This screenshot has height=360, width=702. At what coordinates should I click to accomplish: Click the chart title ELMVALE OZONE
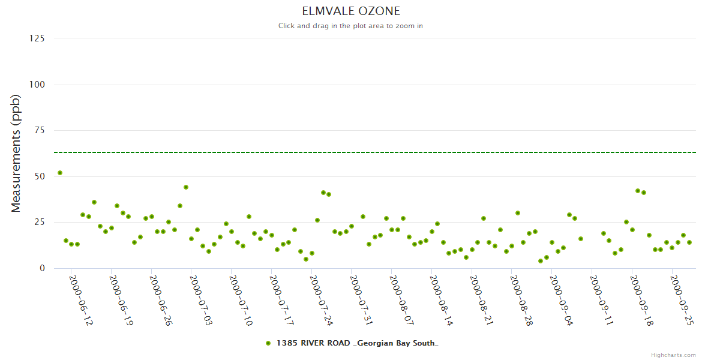pyautogui.click(x=351, y=11)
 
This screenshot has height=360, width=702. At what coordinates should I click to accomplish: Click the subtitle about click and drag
pyautogui.click(x=351, y=26)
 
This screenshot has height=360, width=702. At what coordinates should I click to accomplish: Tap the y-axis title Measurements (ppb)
pyautogui.click(x=16, y=153)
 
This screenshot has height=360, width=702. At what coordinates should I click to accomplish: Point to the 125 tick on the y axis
pyautogui.click(x=37, y=38)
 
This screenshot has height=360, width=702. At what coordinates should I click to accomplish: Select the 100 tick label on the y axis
pyautogui.click(x=37, y=85)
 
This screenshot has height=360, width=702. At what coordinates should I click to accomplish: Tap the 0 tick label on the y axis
pyautogui.click(x=42, y=268)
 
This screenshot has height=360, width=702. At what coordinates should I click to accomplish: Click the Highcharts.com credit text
pyautogui.click(x=673, y=355)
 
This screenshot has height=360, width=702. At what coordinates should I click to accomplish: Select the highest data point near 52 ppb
pyautogui.click(x=60, y=173)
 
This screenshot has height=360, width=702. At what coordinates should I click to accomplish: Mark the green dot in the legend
pyautogui.click(x=268, y=343)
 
